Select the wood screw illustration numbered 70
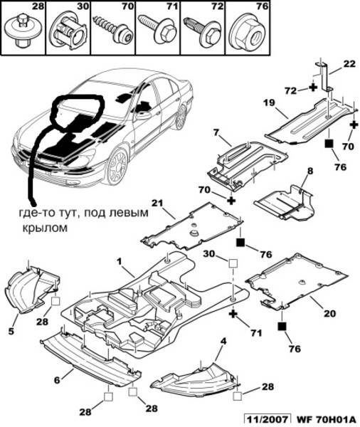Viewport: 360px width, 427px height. (112, 29)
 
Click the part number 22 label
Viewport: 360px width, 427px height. (349, 63)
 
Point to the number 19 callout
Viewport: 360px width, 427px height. (269, 102)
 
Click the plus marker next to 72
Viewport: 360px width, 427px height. (313, 87)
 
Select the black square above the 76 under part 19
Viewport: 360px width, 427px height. (329, 144)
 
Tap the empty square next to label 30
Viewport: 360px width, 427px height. (233, 263)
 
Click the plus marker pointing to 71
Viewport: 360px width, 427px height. (233, 315)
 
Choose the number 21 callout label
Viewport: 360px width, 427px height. (157, 203)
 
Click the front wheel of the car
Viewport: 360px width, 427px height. (117, 167)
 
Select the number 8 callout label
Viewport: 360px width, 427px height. (310, 171)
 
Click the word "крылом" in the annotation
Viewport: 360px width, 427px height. (45, 228)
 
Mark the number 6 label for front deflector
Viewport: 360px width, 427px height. (57, 380)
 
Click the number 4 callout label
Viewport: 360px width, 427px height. (223, 341)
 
